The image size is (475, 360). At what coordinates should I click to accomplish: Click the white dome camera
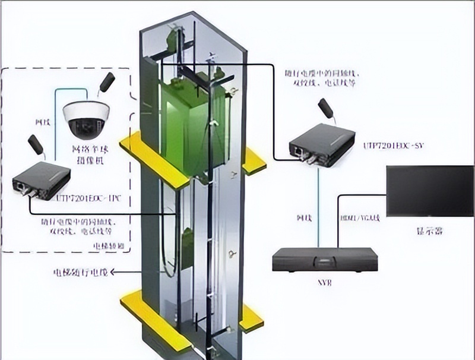[86, 118]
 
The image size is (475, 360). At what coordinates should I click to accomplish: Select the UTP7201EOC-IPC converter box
[41, 179]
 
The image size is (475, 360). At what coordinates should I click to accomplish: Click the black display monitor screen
[429, 191]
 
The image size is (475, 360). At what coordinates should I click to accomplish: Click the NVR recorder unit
[325, 260]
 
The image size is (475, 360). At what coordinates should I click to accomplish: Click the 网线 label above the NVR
[303, 218]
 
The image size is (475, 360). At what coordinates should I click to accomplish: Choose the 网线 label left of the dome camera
[42, 122]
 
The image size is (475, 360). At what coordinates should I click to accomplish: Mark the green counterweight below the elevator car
[187, 247]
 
